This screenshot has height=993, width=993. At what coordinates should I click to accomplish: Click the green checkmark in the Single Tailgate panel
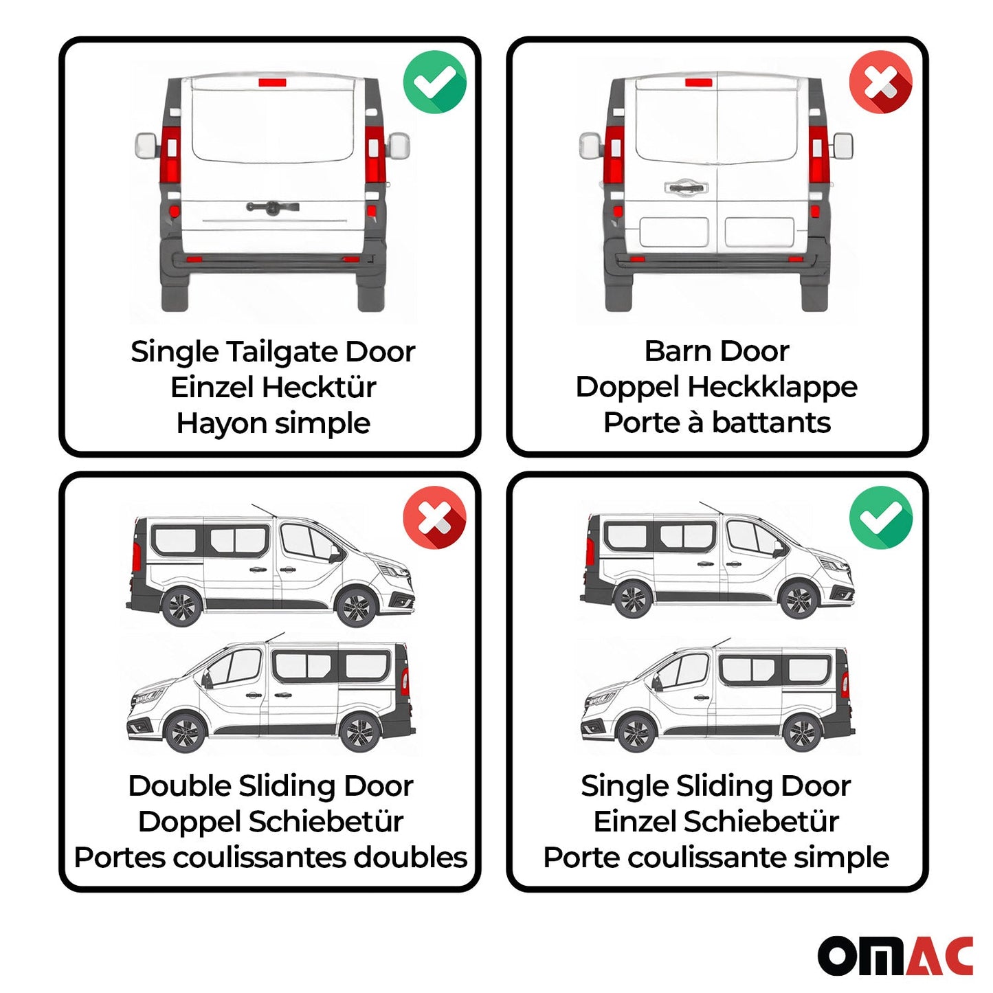(434, 81)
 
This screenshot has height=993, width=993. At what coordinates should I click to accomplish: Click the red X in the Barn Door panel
(880, 81)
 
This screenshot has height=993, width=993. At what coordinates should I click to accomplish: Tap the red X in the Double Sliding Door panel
(434, 517)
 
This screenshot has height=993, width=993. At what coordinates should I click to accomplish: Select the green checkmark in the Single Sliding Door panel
(880, 517)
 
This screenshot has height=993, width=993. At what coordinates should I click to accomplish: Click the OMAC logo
(895, 955)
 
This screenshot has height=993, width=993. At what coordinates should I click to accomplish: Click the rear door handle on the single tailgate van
(272, 207)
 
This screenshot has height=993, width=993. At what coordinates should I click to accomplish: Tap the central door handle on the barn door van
(685, 187)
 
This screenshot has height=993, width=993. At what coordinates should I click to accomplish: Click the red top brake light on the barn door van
(698, 82)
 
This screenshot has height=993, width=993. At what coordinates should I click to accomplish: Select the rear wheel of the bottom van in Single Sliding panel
(801, 733)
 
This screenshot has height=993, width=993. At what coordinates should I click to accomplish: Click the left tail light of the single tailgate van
(170, 155)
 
